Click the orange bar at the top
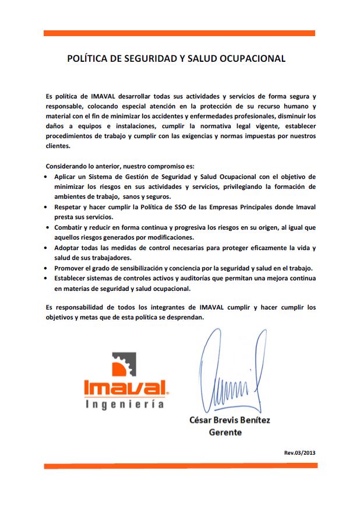pos(179,33)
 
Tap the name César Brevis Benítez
pos(230,420)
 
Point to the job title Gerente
pos(225,432)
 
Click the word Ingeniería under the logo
pos(124,405)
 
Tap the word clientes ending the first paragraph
pos(57,146)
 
